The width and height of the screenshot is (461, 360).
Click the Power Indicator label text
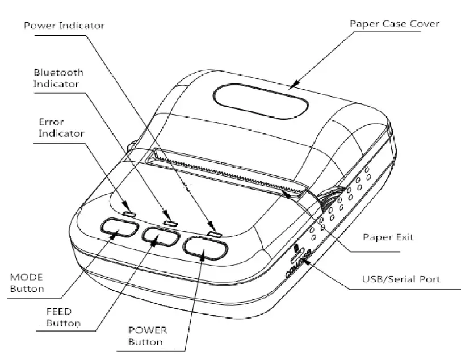tap(64, 26)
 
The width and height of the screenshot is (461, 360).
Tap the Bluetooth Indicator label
tap(58, 78)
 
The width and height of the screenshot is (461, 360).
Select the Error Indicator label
tap(61, 128)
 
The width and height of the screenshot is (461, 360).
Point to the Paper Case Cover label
tap(395, 24)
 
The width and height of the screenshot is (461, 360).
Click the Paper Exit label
tap(388, 236)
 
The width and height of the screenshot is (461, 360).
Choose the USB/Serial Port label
tap(401, 279)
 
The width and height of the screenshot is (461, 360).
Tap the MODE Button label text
tap(27, 283)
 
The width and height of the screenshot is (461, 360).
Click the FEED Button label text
tap(62, 318)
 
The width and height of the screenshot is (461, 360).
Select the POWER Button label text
tap(145, 336)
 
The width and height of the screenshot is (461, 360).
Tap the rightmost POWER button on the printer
tap(205, 248)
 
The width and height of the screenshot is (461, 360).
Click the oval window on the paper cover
tap(261, 100)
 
